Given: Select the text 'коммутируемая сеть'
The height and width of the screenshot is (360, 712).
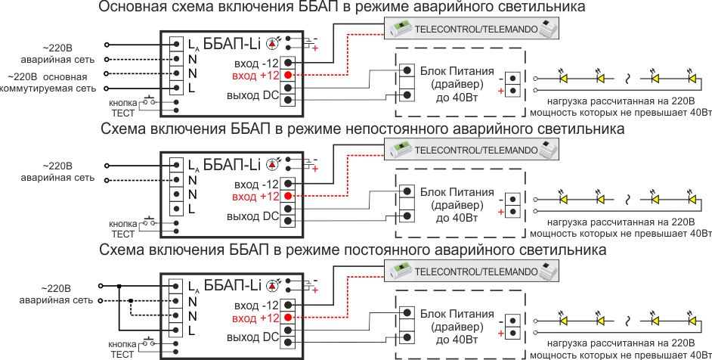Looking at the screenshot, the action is [48, 88].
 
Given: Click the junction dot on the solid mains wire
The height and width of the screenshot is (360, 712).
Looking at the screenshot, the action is [119, 286].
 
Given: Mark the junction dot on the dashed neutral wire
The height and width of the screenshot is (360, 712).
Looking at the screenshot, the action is [130, 300].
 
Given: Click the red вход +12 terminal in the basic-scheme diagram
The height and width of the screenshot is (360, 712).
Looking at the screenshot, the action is [287, 75].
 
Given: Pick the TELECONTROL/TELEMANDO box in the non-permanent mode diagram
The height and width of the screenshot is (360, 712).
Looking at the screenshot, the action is [472, 149].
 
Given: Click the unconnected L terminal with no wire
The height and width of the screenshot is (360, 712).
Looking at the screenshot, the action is [177, 209].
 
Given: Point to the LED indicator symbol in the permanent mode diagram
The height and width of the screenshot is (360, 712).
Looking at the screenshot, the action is [273, 285].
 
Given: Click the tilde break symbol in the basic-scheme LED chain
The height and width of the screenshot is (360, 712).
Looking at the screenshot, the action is [627, 79].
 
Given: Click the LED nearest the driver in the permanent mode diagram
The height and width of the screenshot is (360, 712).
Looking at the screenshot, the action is [564, 321].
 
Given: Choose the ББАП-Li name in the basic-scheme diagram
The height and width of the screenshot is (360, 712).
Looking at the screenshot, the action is [232, 44].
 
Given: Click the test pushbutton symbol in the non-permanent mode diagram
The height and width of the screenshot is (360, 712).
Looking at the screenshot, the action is [149, 222].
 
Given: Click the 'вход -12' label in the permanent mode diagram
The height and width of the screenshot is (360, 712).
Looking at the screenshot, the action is [256, 306].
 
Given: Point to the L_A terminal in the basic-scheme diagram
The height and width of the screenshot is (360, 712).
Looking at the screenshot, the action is [177, 44].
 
